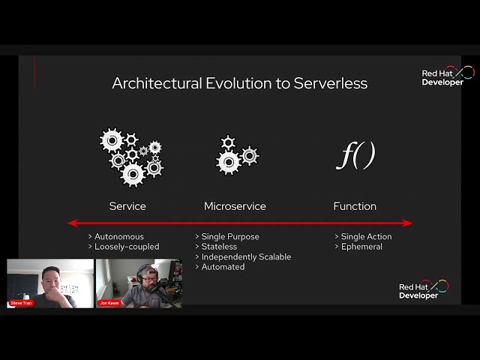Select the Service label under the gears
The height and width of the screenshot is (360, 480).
pos(127,206)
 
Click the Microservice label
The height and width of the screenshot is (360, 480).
pos(235,206)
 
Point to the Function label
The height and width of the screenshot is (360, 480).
pos(355,206)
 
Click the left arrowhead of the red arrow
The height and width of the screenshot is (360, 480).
pos(72,223)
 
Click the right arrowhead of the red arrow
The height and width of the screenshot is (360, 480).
pos(408,223)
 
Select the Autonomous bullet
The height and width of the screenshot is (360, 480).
pos(118,237)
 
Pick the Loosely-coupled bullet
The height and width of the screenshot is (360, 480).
pos(127,247)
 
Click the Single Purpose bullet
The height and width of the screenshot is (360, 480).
pos(230,237)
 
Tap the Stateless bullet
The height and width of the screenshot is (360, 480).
pos(219,247)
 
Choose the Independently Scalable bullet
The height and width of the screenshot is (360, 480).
pos(246,256)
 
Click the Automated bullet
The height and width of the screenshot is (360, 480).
pos(223,266)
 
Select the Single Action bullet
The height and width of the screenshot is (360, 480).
pos(366,237)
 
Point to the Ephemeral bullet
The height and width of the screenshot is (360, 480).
pos(361,247)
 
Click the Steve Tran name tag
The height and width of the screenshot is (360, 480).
pos(22,303)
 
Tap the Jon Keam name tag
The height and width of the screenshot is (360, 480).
pos(109,303)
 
